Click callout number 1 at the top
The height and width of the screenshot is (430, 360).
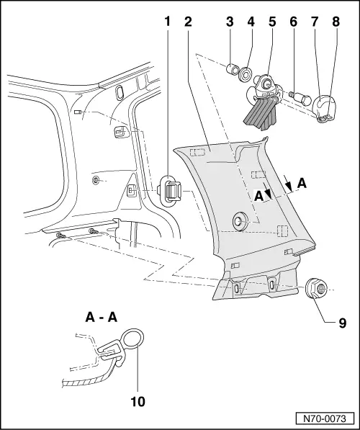[167, 22]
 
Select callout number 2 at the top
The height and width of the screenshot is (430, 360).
[188, 22]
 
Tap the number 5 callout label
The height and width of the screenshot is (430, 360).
[272, 22]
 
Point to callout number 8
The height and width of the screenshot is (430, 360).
[336, 22]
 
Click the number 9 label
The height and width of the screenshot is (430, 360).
[343, 323]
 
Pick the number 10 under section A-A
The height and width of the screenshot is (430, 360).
[138, 402]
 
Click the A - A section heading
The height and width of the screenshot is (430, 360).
[102, 318]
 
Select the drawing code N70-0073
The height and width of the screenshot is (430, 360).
[325, 418]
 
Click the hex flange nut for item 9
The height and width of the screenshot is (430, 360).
[316, 289]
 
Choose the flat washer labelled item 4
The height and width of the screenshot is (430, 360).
[245, 74]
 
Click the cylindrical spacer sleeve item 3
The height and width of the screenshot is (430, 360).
[232, 69]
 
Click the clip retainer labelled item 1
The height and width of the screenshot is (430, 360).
[170, 190]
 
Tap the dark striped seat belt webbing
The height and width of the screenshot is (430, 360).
[261, 112]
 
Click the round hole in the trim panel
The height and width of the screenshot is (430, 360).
[240, 220]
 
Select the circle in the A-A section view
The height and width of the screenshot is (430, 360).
[133, 338]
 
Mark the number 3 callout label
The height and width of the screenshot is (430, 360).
[230, 22]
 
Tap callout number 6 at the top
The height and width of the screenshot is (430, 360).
[293, 22]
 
